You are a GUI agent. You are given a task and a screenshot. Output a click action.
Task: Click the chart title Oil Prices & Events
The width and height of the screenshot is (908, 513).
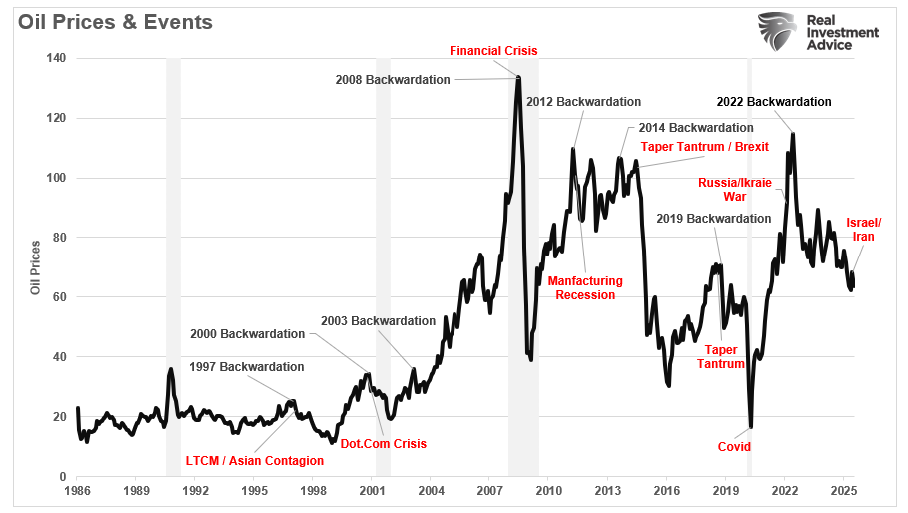(x=115, y=22)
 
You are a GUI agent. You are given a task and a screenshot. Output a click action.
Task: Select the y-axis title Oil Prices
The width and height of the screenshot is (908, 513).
(x=35, y=267)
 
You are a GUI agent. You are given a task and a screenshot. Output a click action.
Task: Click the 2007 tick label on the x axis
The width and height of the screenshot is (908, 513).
(x=489, y=491)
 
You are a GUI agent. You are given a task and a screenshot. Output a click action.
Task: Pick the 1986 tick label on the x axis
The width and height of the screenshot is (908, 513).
(x=77, y=491)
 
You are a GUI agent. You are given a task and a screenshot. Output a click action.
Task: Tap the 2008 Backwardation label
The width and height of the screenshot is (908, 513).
(x=393, y=80)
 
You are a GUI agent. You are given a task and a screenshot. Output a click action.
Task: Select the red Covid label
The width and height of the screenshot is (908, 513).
(x=736, y=446)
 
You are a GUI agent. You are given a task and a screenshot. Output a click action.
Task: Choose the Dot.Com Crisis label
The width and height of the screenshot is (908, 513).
(x=384, y=444)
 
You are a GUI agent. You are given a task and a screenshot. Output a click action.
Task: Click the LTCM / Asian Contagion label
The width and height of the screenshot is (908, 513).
(x=255, y=461)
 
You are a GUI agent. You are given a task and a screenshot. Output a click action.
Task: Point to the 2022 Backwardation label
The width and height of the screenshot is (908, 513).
(x=774, y=102)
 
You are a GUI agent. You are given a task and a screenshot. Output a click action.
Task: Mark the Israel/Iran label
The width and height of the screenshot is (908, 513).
(x=863, y=229)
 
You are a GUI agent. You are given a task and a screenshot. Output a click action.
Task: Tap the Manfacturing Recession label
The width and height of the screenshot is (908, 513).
(x=585, y=287)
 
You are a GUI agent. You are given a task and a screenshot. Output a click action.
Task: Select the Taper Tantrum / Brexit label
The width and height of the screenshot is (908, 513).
(x=705, y=146)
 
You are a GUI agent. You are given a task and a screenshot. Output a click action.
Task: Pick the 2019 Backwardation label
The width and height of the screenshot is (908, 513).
(x=714, y=219)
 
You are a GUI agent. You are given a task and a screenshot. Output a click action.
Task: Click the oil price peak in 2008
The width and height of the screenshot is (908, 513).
(x=519, y=77)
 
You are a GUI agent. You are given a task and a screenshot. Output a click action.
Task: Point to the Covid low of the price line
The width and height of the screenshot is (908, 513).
(x=750, y=427)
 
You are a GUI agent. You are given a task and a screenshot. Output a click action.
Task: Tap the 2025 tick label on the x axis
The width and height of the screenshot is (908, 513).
(x=844, y=491)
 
